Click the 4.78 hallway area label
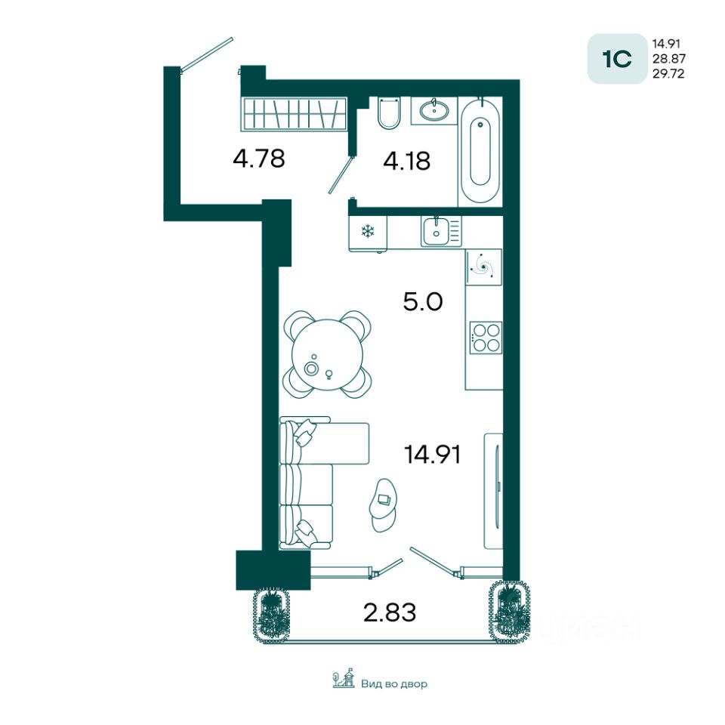coord(259,159)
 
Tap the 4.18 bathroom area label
coord(407,161)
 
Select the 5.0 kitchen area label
coord(423,301)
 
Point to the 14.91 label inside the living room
coord(432,454)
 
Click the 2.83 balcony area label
coord(390,612)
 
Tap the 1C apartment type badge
coord(617,59)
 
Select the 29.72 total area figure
coord(668,73)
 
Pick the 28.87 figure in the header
coord(668,59)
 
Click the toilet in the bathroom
coord(389,113)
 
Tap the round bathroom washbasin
coord(434,110)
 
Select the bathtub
coord(480,151)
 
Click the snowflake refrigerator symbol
coord(368,231)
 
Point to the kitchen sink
coord(436,232)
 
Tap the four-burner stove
coord(486,338)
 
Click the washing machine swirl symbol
coord(483,267)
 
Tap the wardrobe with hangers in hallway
coord(294,113)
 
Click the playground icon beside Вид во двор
coord(344,679)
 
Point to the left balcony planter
coord(271,614)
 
